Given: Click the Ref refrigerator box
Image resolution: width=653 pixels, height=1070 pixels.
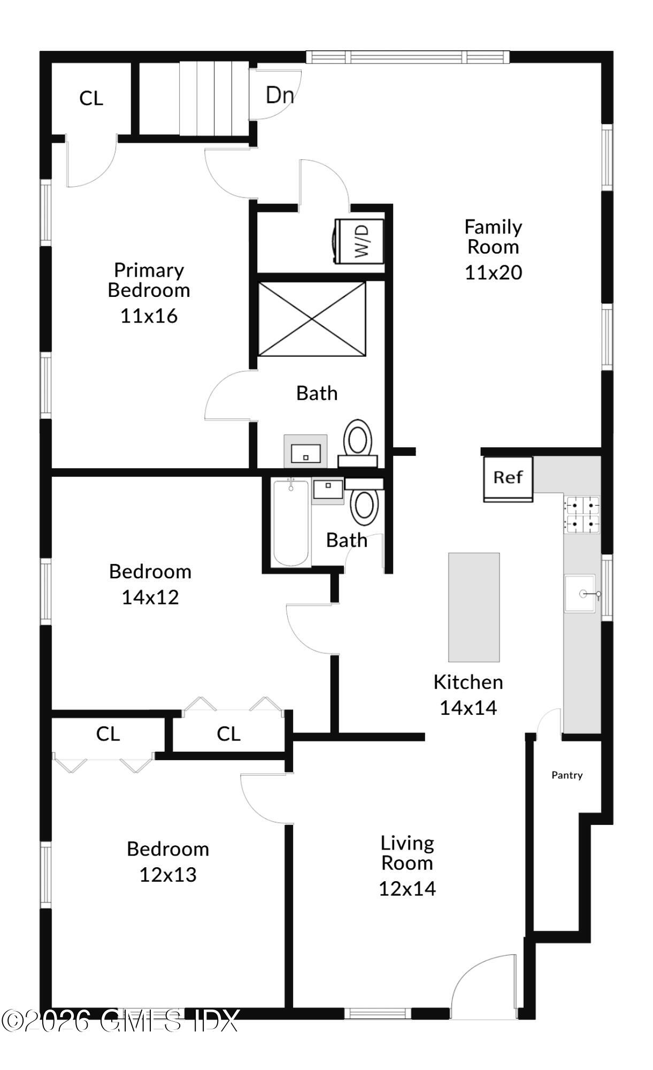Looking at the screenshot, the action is tap(508, 479).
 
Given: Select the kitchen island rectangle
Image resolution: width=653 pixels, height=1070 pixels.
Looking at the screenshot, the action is tap(474, 607).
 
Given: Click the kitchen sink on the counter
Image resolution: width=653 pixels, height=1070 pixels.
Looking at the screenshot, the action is tap(581, 593).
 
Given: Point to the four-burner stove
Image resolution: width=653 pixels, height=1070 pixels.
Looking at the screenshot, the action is tap(581, 515).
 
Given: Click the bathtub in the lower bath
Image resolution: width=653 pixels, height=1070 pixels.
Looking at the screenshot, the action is tap(291, 523).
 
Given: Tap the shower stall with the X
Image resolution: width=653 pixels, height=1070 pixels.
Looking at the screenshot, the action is tap(312, 319).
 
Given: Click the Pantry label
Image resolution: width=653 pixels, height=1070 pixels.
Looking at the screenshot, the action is tap(567, 775).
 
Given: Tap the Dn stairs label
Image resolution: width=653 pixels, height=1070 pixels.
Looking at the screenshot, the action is tap(280, 95).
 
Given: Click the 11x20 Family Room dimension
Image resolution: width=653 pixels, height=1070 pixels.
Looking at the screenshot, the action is tap(493, 272).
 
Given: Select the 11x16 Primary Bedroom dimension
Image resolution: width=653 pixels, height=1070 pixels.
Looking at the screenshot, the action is tap(149, 316).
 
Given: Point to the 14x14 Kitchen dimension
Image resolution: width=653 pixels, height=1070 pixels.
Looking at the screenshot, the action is tap(468, 708).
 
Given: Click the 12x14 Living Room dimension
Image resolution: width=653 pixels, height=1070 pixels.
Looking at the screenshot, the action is tap(407, 889).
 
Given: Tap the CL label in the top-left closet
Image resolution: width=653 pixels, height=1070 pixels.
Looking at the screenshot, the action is tap(91, 98).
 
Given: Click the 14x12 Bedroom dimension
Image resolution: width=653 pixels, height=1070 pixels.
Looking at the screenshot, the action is tap(150, 597).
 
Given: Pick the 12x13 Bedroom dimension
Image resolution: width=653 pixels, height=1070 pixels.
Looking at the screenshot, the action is tap(168, 875).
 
